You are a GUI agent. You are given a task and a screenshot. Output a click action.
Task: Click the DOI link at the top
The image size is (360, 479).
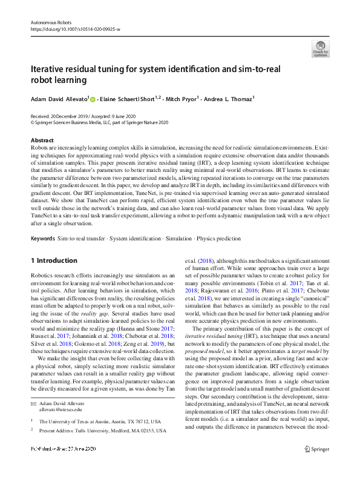point(75,28)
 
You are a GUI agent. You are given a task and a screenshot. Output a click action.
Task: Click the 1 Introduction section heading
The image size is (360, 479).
point(54,261)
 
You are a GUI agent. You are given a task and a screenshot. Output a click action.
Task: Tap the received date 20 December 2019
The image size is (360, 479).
point(71,115)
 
